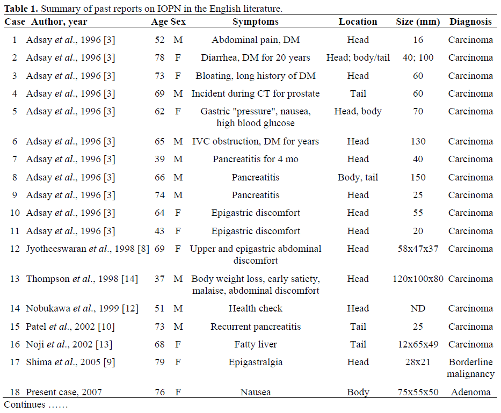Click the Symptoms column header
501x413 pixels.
point(255,22)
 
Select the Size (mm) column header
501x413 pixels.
point(418,22)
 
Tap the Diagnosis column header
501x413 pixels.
point(470,22)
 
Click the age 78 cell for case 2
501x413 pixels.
point(159,58)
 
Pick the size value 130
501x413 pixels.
point(418,142)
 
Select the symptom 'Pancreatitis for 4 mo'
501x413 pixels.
point(255,160)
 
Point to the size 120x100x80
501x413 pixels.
point(418,279)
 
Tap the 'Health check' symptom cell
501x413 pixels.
point(255,309)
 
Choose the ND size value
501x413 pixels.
point(418,309)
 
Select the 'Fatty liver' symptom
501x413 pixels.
point(255,345)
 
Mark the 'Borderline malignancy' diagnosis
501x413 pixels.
point(470,368)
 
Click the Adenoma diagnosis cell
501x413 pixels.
point(470,393)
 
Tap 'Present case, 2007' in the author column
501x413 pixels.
point(64,393)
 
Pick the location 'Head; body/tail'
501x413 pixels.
point(358,58)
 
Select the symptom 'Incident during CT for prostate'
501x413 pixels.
point(255,94)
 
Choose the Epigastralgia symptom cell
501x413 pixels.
point(255,363)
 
